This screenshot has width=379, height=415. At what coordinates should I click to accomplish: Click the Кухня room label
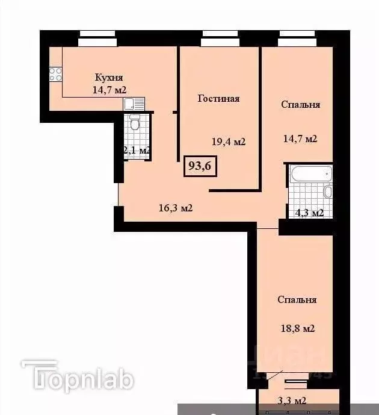[x=109, y=77]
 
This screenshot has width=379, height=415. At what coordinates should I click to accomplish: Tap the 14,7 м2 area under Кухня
[x=109, y=90]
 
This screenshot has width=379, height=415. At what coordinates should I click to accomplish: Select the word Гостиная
[x=219, y=99]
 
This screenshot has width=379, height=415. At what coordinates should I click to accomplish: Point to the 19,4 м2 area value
[x=229, y=142]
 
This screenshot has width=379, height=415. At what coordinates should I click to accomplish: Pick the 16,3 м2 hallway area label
[x=175, y=208]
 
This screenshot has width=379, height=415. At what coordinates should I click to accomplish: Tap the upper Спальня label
[x=300, y=104]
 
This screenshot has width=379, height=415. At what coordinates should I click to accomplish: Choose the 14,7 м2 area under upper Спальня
[x=300, y=139]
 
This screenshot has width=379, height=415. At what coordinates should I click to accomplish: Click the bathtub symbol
[x=310, y=174]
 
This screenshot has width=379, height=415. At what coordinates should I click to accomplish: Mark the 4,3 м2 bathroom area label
[x=310, y=213]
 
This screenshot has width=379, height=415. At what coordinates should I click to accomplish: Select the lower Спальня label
[x=297, y=299]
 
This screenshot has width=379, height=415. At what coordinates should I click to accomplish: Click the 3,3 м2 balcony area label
[x=292, y=400]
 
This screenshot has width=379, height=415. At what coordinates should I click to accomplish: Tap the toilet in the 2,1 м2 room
[x=136, y=125]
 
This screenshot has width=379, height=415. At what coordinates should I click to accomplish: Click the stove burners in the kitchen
[x=55, y=74]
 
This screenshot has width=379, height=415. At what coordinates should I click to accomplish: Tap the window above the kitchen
[x=97, y=38]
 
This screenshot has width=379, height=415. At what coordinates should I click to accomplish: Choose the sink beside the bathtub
[x=328, y=192]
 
